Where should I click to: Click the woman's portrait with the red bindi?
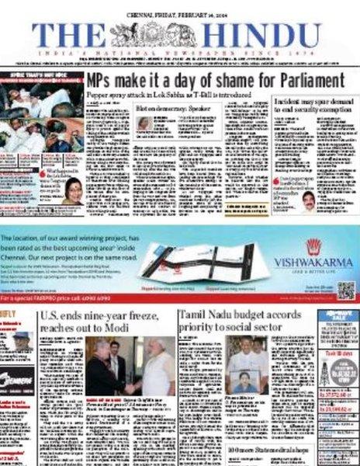click(x=73, y=190)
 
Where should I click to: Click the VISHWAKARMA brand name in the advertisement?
click(x=313, y=261)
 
